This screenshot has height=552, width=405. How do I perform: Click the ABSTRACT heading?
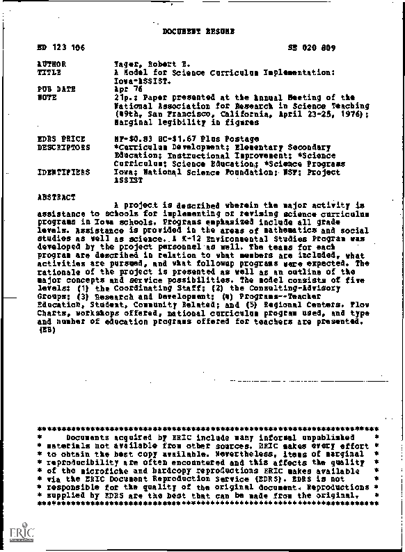pos(56,197)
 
